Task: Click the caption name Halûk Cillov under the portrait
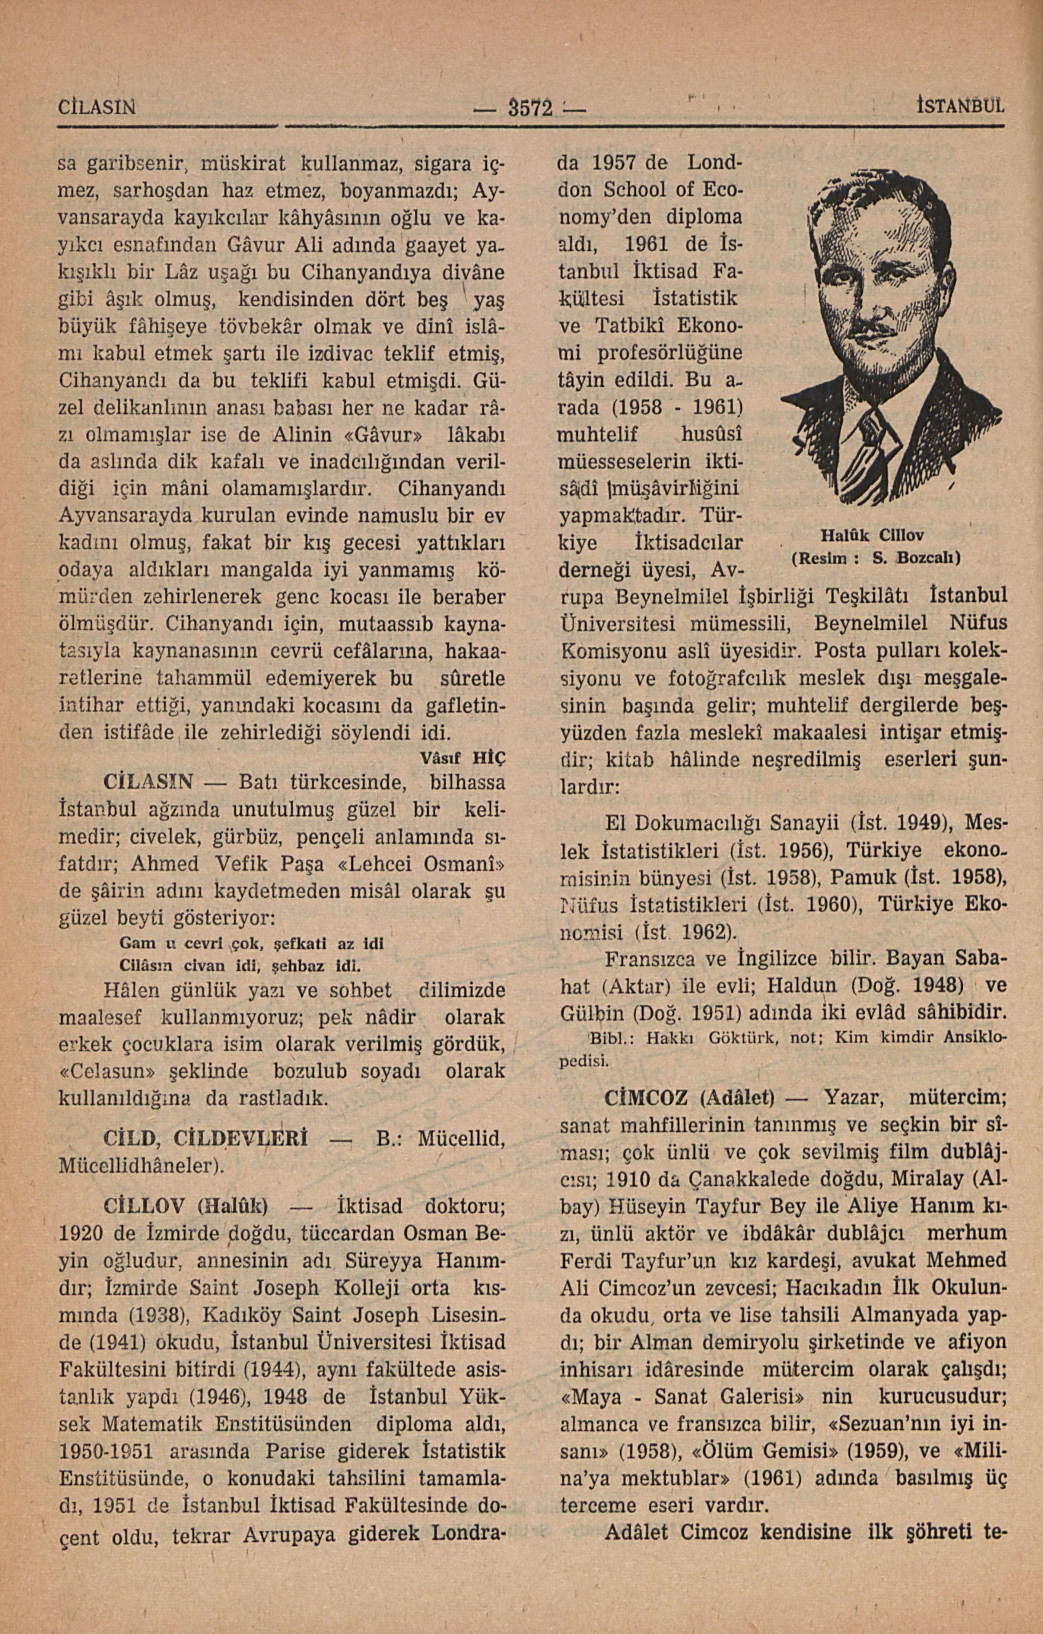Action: click(872, 535)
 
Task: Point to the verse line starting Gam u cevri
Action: click(251, 944)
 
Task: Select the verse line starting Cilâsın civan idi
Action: click(239, 964)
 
